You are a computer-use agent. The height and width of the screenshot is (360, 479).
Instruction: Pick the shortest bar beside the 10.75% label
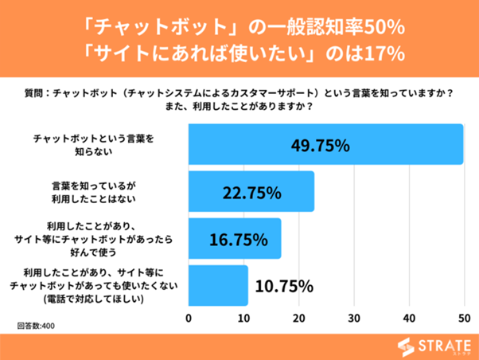(218, 285)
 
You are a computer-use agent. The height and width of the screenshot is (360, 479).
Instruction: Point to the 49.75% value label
(321, 145)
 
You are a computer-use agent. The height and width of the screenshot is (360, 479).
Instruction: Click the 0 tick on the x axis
(189, 319)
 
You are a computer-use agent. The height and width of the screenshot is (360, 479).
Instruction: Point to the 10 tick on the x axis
(243, 319)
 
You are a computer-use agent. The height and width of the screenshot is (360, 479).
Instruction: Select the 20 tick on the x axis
(298, 319)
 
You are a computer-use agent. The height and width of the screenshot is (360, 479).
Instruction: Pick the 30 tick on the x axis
(353, 319)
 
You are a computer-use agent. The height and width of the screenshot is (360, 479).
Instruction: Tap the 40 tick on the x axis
(408, 319)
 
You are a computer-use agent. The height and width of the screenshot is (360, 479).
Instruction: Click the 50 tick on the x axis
(463, 319)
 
